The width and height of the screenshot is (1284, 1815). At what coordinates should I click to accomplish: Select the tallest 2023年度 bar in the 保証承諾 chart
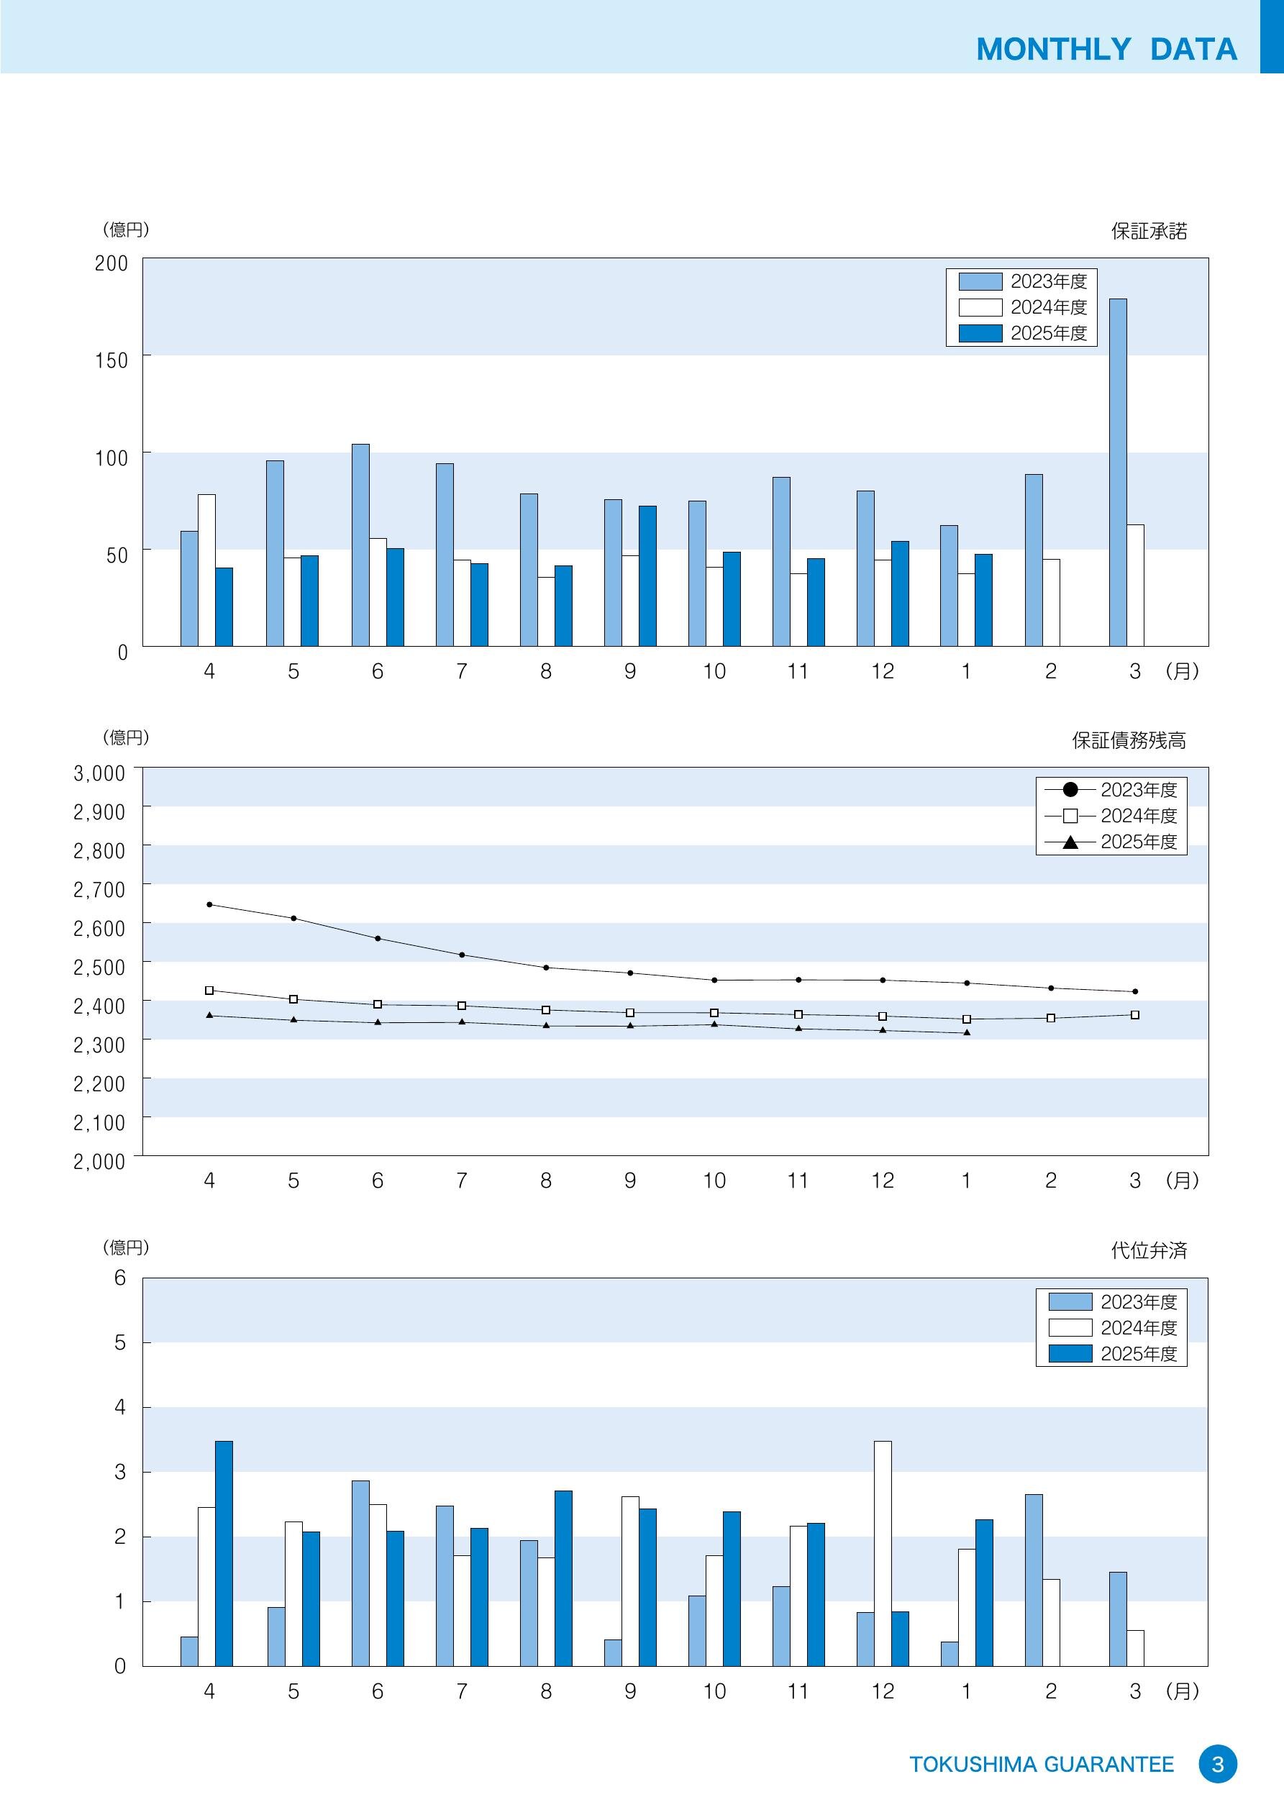click(1117, 472)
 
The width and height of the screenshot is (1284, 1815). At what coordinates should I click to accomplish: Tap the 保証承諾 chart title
click(1148, 232)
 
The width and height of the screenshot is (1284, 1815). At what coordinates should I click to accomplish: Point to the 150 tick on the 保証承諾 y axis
click(111, 360)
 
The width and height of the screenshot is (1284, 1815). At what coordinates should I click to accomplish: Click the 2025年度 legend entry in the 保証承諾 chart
click(1022, 334)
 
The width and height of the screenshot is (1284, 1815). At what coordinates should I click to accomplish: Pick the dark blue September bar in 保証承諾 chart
click(647, 576)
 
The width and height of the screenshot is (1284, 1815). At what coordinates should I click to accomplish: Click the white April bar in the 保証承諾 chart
click(206, 570)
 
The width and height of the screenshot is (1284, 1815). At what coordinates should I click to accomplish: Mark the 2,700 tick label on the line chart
click(99, 890)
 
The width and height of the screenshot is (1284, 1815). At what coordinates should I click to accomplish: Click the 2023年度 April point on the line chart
click(209, 904)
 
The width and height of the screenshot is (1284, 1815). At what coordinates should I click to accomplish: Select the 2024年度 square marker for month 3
click(1134, 1015)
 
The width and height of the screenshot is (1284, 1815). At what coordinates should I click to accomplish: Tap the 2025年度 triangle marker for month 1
click(966, 1032)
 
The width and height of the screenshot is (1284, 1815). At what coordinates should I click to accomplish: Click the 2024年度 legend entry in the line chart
click(1111, 816)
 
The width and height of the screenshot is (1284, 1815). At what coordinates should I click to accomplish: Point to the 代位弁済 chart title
click(1148, 1250)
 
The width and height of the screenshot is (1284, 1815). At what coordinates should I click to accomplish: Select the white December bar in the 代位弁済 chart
click(883, 1553)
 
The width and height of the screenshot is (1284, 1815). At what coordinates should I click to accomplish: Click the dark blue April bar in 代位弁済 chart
click(224, 1553)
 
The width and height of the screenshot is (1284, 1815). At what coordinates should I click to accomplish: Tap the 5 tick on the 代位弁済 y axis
click(120, 1342)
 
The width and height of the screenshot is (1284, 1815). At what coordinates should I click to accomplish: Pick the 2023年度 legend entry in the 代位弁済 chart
click(1111, 1302)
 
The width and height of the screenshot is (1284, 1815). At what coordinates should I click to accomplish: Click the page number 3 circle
click(1218, 1765)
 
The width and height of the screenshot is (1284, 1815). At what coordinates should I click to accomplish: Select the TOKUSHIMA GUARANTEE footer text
click(1042, 1765)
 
